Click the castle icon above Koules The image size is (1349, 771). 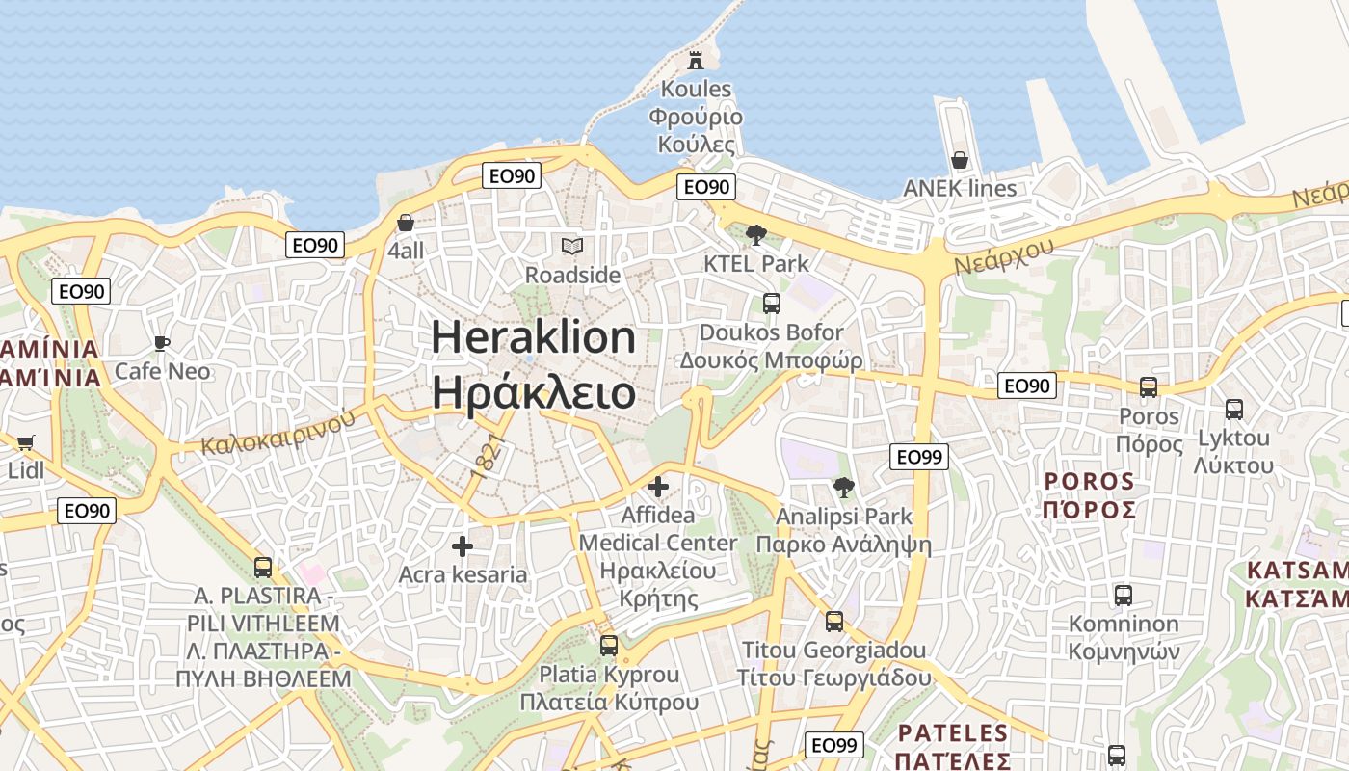click(695, 60)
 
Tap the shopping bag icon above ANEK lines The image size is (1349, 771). click(959, 160)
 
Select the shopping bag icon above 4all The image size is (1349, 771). click(406, 223)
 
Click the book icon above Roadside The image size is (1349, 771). click(572, 247)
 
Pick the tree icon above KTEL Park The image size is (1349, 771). click(756, 234)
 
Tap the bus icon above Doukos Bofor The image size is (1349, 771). click(771, 304)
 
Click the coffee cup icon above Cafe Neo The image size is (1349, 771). click(162, 343)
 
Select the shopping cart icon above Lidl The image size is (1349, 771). click(25, 442)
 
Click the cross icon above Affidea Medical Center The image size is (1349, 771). click(658, 487)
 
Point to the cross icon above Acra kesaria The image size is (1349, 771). click(463, 546)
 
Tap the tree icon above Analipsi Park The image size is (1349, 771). click(843, 488)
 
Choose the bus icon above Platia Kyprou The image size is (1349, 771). click(608, 646)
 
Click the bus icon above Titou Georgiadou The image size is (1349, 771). click(833, 622)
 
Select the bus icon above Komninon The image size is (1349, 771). click(1123, 595)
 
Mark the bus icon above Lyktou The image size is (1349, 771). click(1233, 410)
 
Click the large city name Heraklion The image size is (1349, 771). click(533, 338)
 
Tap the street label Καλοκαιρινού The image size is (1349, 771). click(278, 432)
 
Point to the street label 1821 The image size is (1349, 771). click(489, 456)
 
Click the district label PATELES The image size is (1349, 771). click(952, 733)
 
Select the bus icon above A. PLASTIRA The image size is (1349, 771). click(263, 567)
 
